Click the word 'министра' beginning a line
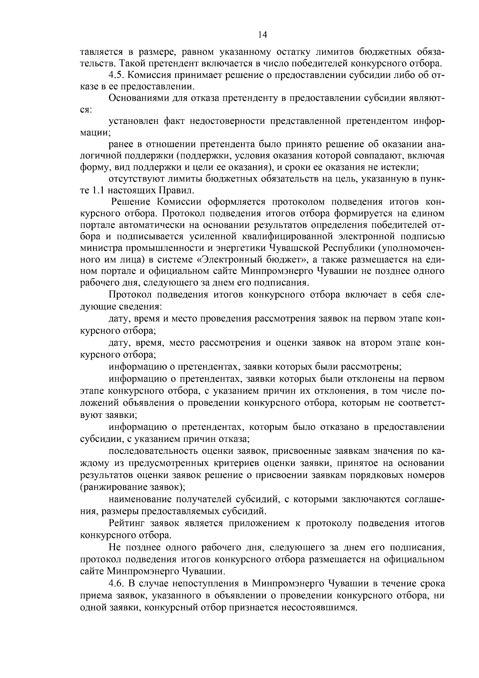98,248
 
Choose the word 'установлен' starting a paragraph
133,121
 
